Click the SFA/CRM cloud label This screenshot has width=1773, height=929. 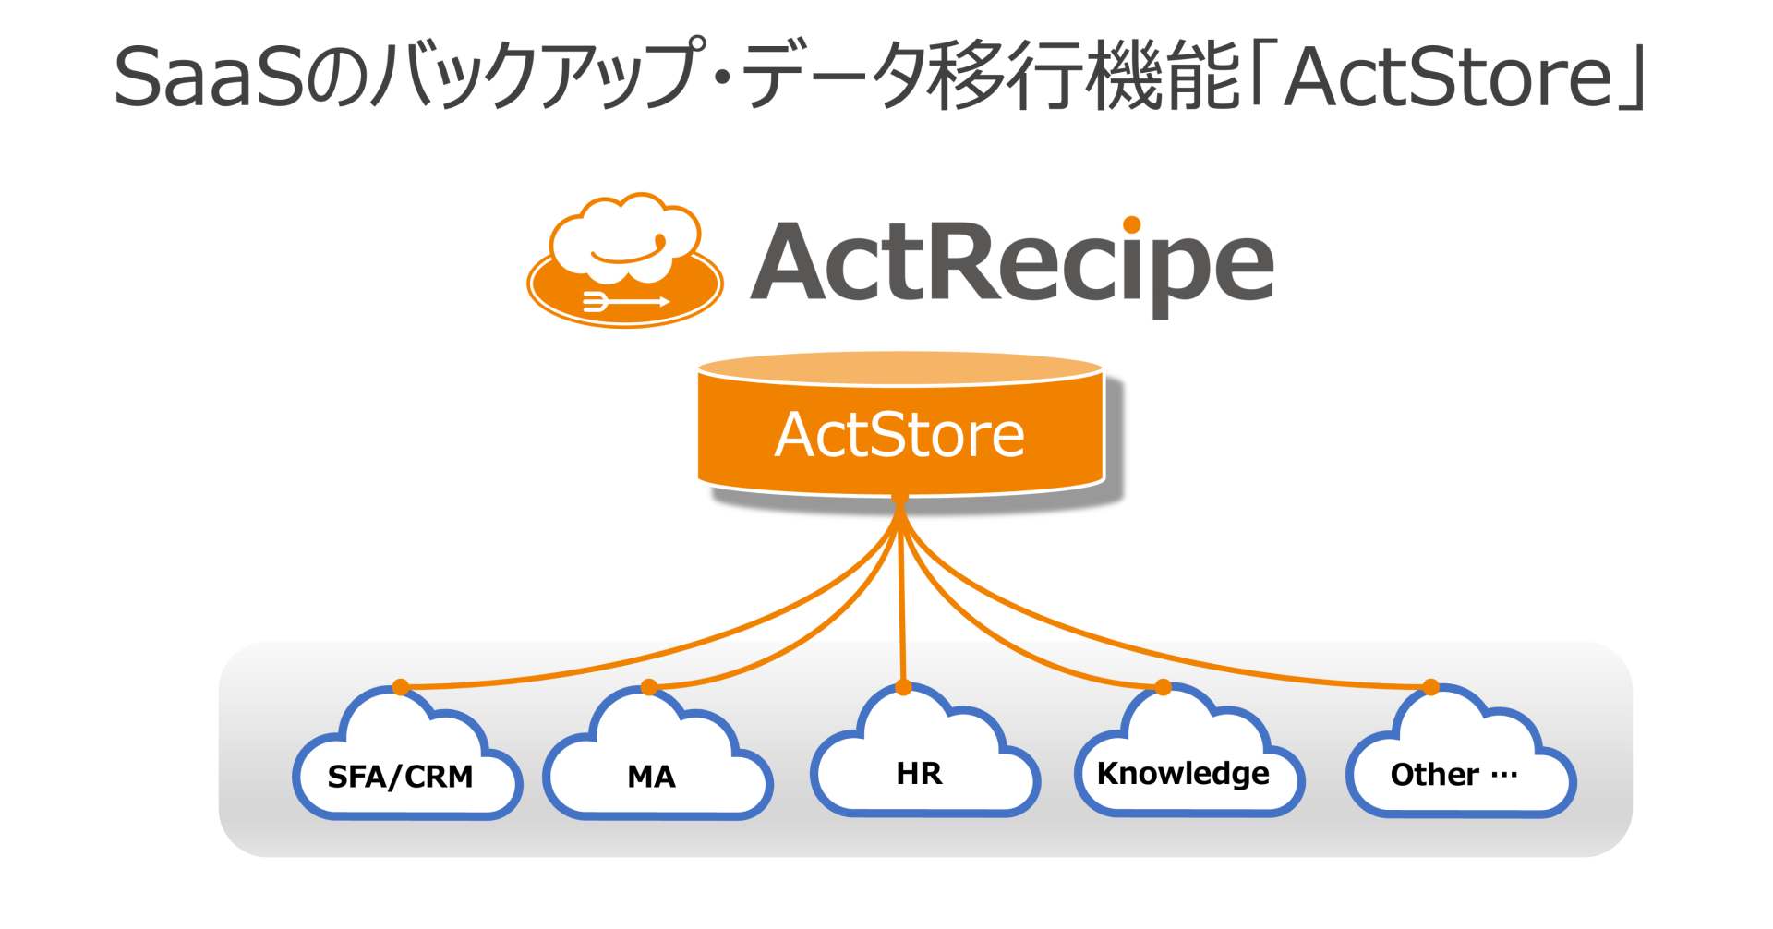click(x=400, y=777)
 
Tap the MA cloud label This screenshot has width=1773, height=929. click(x=651, y=777)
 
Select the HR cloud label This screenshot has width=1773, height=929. click(x=919, y=773)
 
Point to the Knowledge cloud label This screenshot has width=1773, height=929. click(x=1182, y=773)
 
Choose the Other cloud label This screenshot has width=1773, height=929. click(x=1434, y=774)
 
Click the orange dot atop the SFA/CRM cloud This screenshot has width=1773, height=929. click(x=400, y=686)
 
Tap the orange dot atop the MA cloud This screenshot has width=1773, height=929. click(x=649, y=686)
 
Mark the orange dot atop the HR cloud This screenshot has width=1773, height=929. click(x=903, y=687)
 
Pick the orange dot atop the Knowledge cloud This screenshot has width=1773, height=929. click(x=1164, y=686)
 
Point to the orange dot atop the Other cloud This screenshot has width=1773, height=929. click(x=1430, y=686)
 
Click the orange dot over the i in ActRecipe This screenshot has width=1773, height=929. click(x=1132, y=223)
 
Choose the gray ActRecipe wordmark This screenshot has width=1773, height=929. click(x=1012, y=263)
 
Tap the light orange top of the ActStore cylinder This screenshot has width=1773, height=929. click(x=899, y=368)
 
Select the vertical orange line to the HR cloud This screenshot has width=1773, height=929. click(x=901, y=600)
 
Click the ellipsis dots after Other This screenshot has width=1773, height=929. click(x=1504, y=774)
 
